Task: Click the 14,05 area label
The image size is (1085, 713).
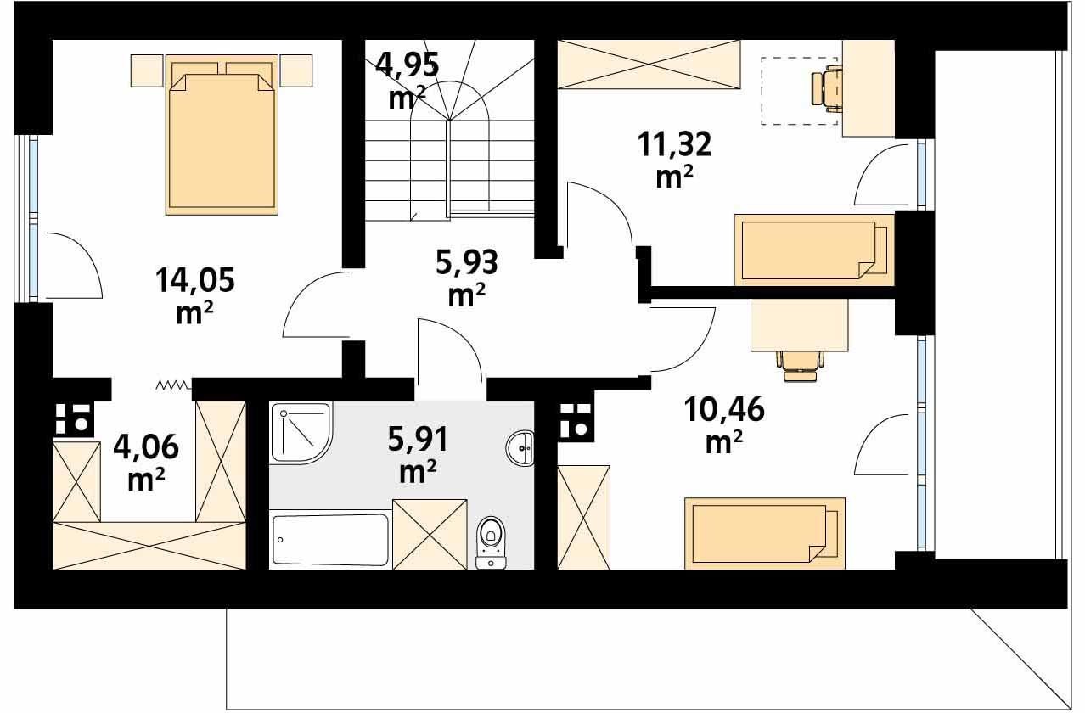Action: coord(194,295)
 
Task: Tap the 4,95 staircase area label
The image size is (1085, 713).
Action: coord(408,80)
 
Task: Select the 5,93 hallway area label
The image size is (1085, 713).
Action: coord(466,278)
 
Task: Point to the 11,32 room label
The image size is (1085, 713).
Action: coord(674,160)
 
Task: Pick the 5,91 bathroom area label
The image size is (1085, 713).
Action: coord(418,454)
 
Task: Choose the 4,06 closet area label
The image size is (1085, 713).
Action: coord(146,462)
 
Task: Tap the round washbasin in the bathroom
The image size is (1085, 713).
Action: coord(520,448)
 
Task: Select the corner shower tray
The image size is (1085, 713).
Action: coord(301,433)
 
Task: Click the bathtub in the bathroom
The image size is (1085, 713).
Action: coord(330,540)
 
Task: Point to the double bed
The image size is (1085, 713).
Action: coord(222,135)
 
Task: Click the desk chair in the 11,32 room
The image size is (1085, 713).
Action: coord(827,87)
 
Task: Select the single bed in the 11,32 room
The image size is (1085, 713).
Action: coord(814,250)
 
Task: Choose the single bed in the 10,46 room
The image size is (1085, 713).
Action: coord(765,533)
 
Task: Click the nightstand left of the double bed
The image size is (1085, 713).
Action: coord(147,70)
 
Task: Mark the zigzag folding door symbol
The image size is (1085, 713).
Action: coord(173,385)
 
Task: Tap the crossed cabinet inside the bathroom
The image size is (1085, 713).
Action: coord(430,534)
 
